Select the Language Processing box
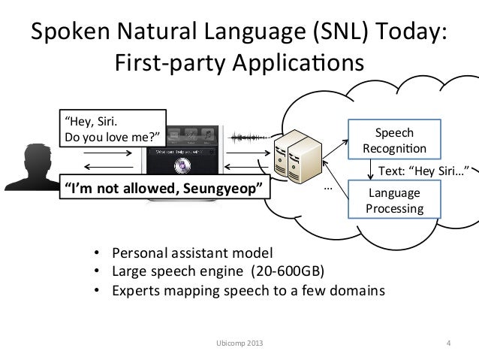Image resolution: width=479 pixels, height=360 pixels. pos(393,199)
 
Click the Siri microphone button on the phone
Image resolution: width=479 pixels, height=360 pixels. pos(180,166)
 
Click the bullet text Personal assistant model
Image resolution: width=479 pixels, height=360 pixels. pos(193,252)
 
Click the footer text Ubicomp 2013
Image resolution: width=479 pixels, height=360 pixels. pos(233,344)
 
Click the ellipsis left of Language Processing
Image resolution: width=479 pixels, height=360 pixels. pos(327,185)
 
